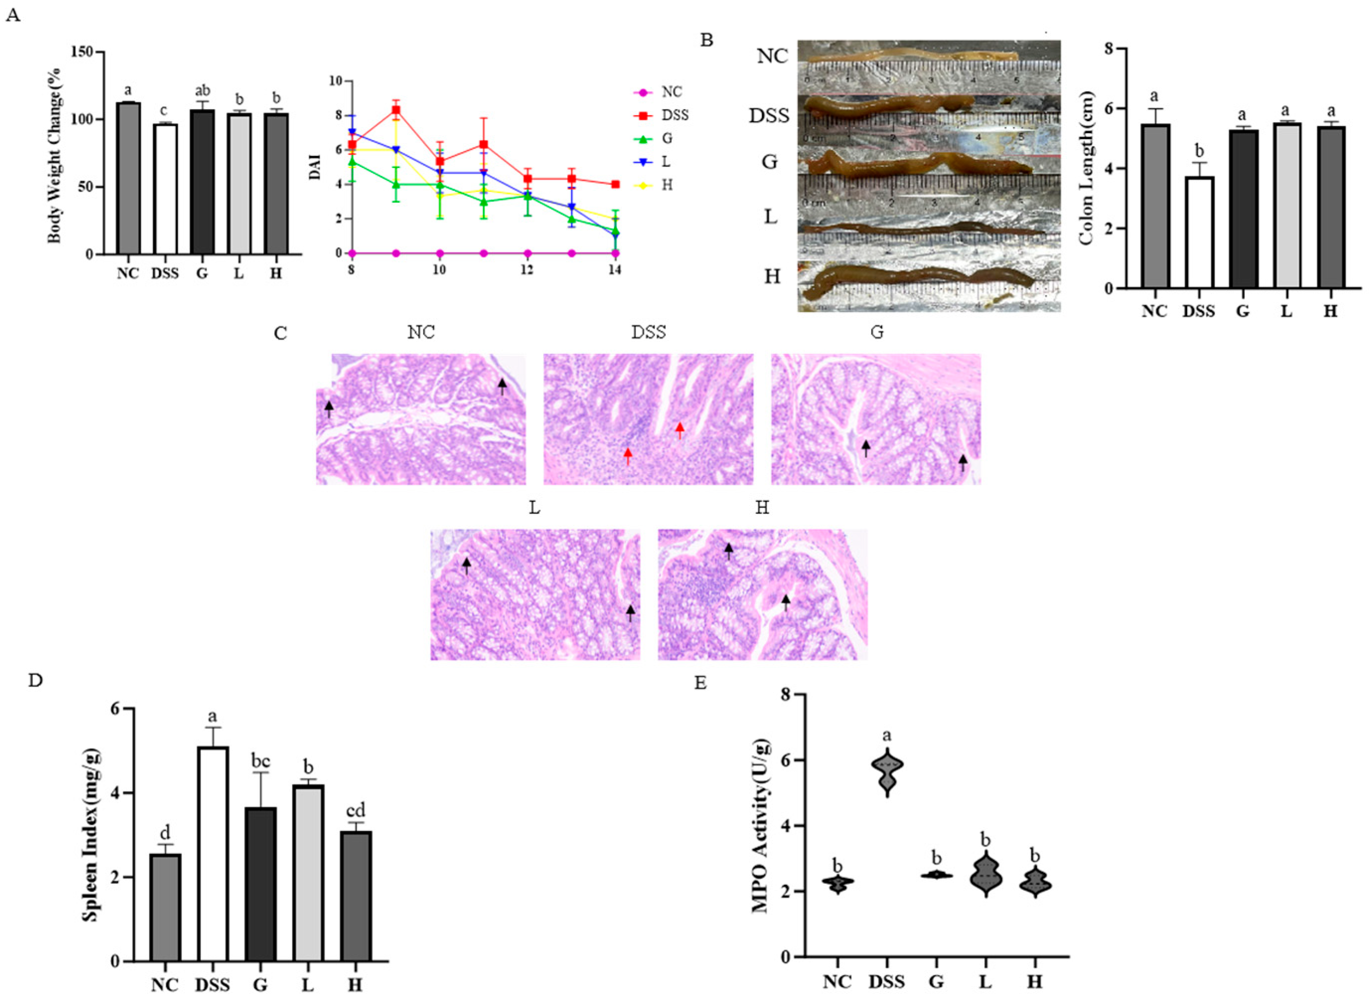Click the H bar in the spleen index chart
click(x=355, y=896)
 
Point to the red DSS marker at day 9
click(x=396, y=110)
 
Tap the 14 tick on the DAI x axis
click(x=614, y=270)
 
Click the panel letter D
click(x=36, y=681)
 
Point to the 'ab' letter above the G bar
click(x=202, y=91)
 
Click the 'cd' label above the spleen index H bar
click(x=355, y=811)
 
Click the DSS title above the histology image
click(x=648, y=332)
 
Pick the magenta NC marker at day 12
click(x=527, y=253)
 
